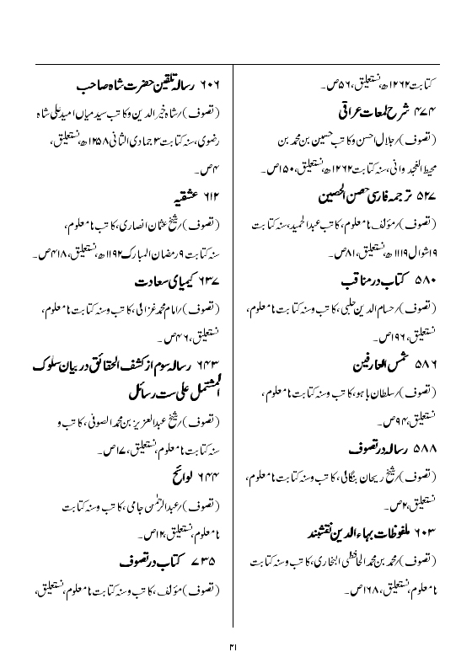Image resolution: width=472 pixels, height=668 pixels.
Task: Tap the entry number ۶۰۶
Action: coord(212,86)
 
